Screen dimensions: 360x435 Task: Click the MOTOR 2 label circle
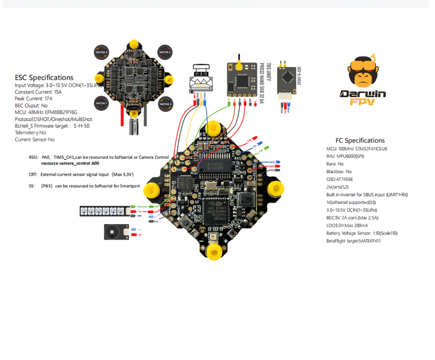tap(101, 52)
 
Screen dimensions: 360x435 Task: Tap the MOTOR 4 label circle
tap(165, 52)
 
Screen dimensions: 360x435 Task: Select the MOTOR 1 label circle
tap(101, 103)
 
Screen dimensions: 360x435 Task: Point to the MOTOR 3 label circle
tap(165, 104)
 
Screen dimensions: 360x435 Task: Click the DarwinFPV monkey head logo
tap(363, 73)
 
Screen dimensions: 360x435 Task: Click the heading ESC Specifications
tap(44, 78)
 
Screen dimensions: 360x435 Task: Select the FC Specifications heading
tap(360, 141)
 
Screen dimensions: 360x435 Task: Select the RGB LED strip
tap(102, 211)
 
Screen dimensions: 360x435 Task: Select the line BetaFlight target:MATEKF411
tap(354, 241)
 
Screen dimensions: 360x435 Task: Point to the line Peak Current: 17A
tap(33, 99)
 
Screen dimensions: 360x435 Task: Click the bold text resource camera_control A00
tap(73, 163)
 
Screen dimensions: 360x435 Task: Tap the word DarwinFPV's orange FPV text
tap(363, 102)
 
